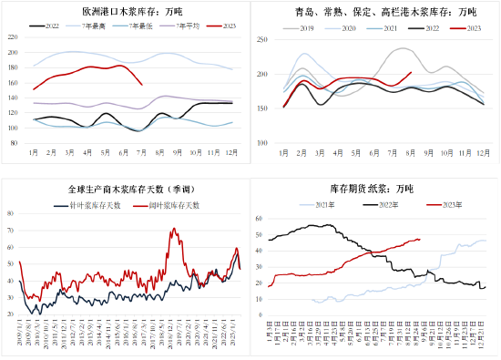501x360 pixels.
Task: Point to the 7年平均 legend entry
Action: coord(181,28)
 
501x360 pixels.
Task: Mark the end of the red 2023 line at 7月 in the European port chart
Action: coord(141,85)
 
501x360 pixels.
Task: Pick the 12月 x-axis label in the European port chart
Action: coord(230,152)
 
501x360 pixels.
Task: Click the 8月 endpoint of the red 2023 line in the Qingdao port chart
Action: coord(411,72)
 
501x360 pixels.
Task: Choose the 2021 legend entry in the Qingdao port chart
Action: coord(381,28)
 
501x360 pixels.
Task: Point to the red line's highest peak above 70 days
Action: coord(173,229)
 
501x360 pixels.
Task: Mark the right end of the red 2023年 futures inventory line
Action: coord(420,240)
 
